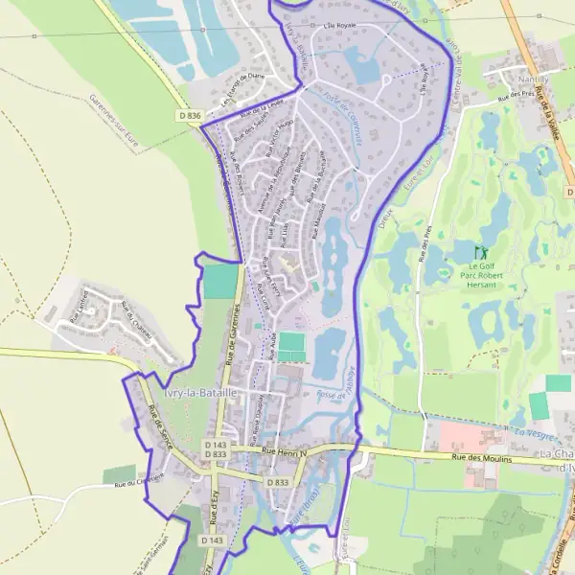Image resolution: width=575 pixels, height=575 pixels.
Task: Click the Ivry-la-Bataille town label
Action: tap(200, 394)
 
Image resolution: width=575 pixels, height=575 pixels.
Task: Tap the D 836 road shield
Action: tap(190, 116)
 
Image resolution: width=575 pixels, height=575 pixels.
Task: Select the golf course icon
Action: tap(480, 254)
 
